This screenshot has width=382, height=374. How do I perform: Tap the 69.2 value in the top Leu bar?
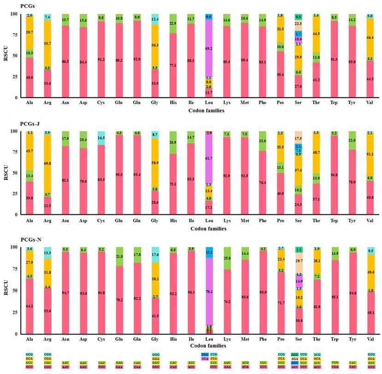point(209,48)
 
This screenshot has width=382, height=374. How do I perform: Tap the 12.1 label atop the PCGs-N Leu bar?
point(209,252)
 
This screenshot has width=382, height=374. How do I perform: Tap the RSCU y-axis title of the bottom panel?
point(7,290)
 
